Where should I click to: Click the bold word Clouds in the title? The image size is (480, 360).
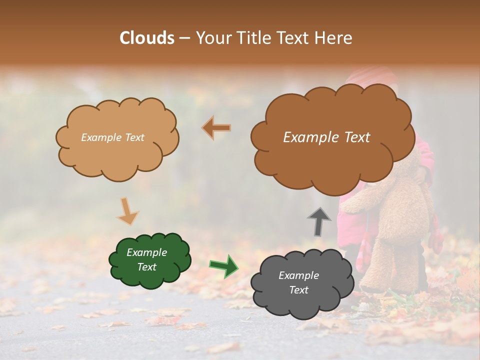point(147,38)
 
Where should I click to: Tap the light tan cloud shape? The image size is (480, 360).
point(117,150)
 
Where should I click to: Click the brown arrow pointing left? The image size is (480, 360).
point(216,128)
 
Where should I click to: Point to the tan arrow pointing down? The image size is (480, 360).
point(127,210)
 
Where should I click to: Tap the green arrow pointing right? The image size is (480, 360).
point(223,265)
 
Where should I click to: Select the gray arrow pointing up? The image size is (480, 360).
point(319,221)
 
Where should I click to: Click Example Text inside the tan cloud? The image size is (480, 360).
point(112,137)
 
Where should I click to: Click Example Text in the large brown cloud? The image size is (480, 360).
point(326,137)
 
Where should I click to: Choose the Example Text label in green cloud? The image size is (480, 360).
point(147,259)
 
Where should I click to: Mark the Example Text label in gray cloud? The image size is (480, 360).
point(298,282)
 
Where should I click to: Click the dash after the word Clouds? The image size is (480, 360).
point(184,38)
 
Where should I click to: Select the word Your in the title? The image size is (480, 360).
point(212,38)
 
